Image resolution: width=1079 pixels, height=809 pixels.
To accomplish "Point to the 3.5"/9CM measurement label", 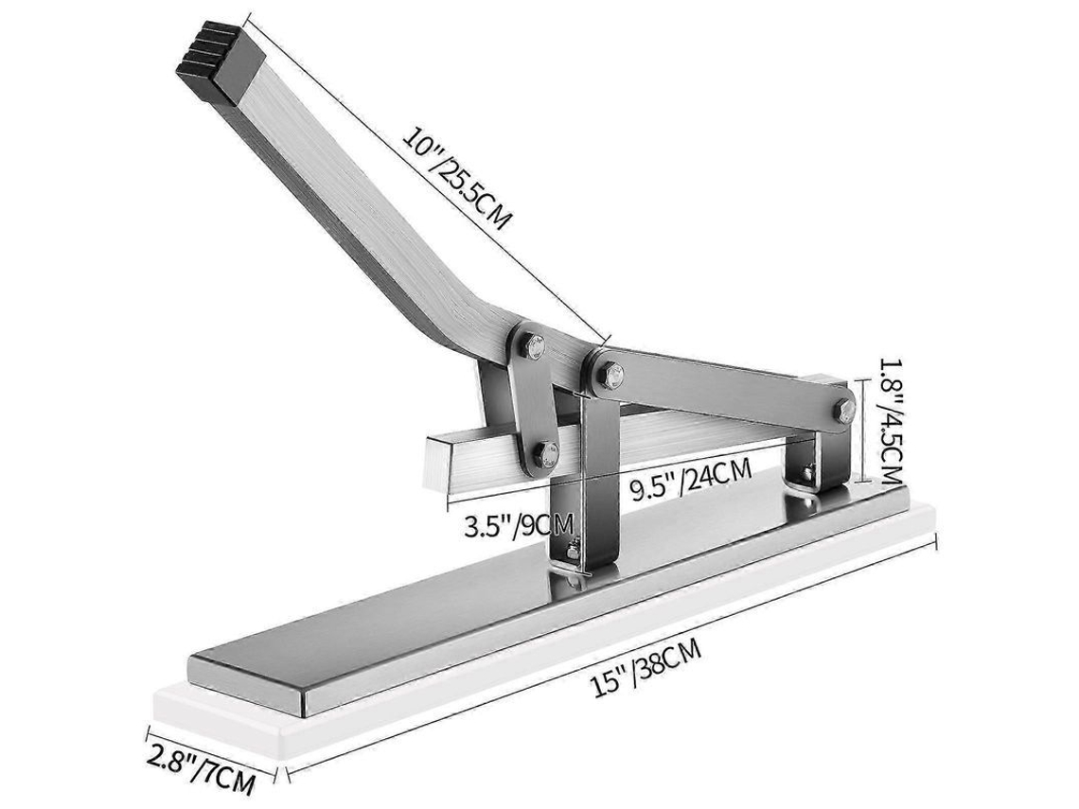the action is coord(519,526).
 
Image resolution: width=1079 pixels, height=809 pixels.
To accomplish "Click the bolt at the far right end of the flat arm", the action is coord(843,411).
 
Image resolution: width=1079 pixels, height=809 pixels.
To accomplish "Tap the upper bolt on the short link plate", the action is coord(533,347).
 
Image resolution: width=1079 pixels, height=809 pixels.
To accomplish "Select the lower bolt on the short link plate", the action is coord(547,454).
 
